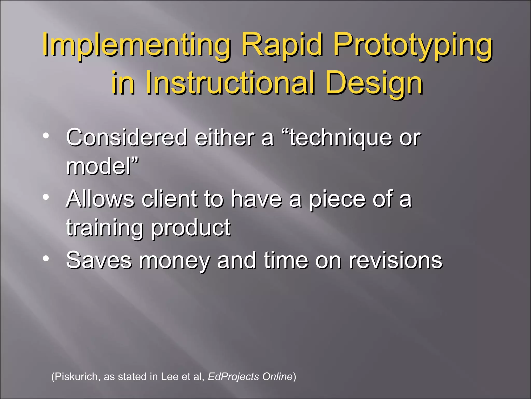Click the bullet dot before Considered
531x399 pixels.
[46, 136]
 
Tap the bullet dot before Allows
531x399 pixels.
[46, 197]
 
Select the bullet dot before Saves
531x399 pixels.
[46, 258]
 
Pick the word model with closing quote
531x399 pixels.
[102, 166]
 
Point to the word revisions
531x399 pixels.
[395, 260]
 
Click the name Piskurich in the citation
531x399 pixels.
[76, 377]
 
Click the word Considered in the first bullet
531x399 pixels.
[127, 138]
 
